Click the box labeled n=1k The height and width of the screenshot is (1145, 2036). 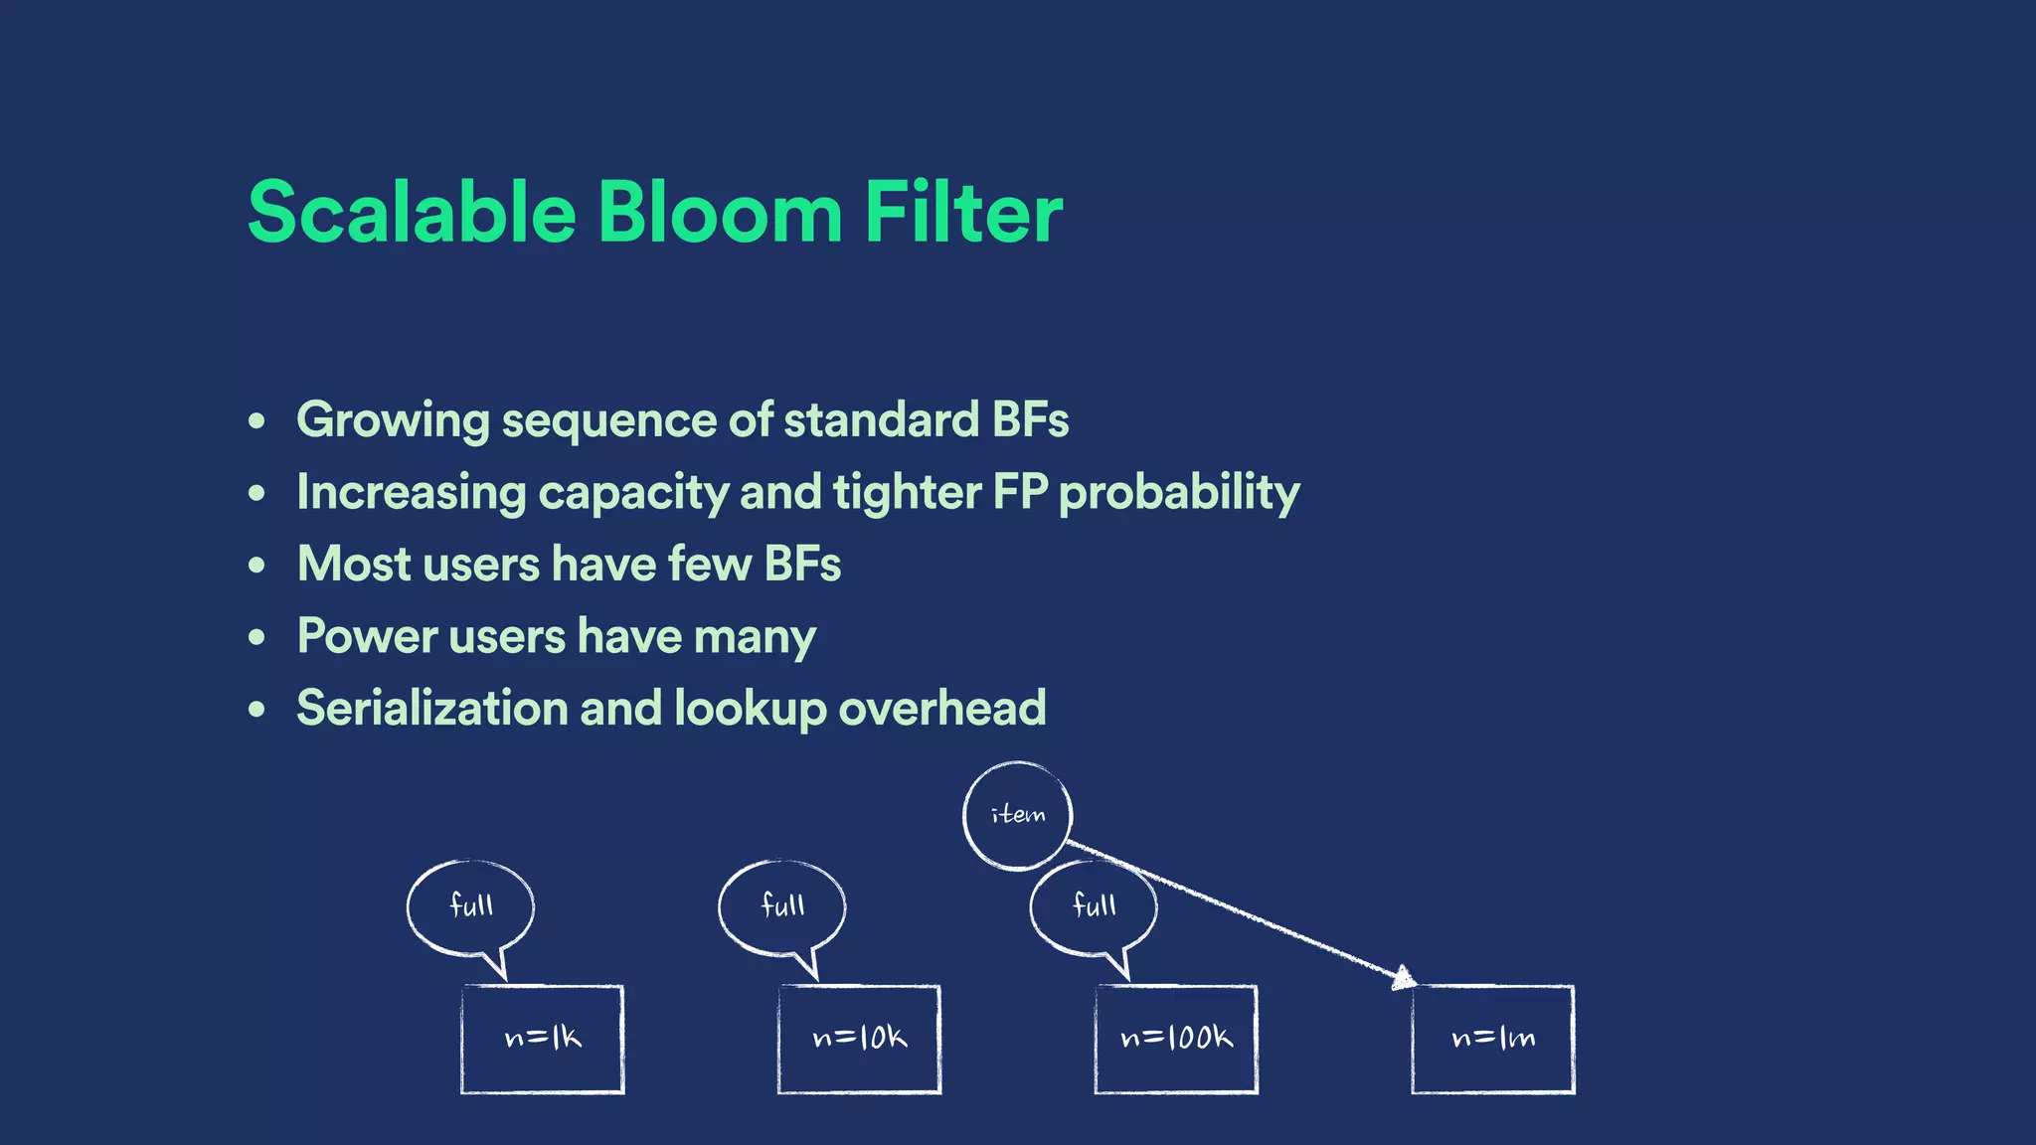pos(543,1040)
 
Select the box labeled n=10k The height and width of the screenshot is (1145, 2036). pos(860,1040)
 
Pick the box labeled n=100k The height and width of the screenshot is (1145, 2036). pos(1176,1040)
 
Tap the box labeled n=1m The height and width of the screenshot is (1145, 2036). pos(1493,1040)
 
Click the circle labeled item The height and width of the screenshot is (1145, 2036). pos(1018,816)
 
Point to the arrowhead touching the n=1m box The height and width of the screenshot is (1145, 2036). pos(1403,978)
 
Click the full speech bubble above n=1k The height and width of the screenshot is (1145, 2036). pos(471,906)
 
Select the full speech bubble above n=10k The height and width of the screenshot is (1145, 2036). pos(782,906)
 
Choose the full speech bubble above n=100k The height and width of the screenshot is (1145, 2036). pos(1094,906)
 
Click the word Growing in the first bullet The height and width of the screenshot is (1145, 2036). pos(393,420)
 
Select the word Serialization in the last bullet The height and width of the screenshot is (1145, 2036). pos(431,709)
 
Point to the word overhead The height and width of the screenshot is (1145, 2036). pos(941,709)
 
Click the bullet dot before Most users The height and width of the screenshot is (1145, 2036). pos(257,566)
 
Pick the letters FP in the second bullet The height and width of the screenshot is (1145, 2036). pos(1020,492)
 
